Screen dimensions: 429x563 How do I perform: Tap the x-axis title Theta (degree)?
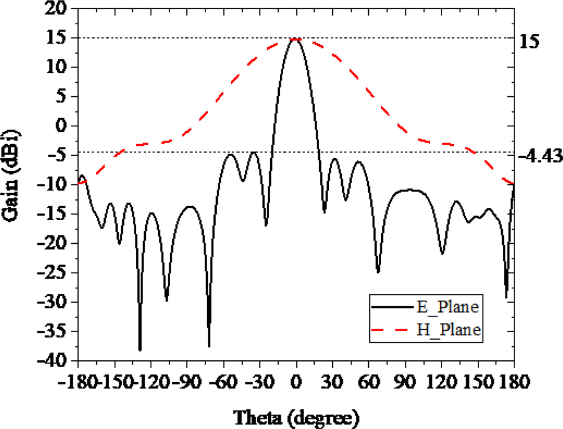(x=296, y=418)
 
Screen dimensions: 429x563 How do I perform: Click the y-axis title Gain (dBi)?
(x=12, y=184)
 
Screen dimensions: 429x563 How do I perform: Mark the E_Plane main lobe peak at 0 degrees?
(x=296, y=39)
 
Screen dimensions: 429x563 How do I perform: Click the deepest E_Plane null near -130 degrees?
(x=140, y=350)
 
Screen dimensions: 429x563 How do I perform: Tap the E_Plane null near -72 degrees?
(x=209, y=346)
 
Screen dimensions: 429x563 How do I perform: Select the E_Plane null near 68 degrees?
(x=378, y=272)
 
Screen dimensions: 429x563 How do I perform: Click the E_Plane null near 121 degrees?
(x=443, y=253)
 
